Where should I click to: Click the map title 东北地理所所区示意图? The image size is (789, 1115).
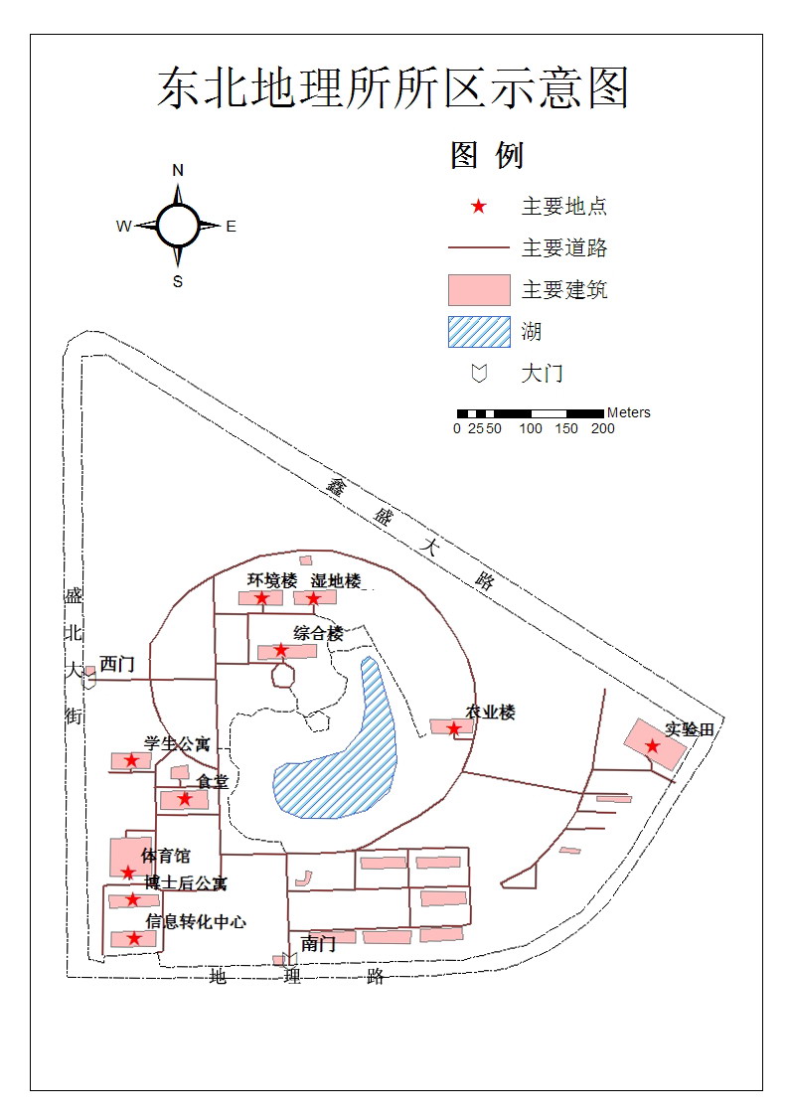click(x=394, y=89)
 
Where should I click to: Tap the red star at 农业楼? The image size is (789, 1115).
click(x=454, y=728)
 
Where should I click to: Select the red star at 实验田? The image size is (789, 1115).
click(x=652, y=746)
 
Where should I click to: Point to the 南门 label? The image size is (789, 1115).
click(x=318, y=944)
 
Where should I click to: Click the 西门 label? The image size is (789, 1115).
click(x=116, y=664)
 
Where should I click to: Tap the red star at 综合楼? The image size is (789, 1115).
click(x=280, y=650)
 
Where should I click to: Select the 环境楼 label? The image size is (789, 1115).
click(x=272, y=580)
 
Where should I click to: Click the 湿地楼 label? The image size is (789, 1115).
click(x=336, y=580)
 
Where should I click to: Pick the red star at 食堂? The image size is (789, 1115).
click(x=184, y=798)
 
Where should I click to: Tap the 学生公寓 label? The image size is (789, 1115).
click(x=177, y=743)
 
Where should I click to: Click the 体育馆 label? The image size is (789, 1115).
click(x=165, y=856)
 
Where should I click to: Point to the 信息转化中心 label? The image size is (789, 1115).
click(x=196, y=921)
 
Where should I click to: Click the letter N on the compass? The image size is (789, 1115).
click(x=178, y=170)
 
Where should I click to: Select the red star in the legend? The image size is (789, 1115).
click(x=478, y=207)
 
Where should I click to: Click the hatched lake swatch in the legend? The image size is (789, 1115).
click(x=478, y=332)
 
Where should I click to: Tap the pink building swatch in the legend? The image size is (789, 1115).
click(x=478, y=290)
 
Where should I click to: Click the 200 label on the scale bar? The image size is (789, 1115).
click(x=602, y=429)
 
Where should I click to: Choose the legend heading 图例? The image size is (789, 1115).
click(x=487, y=155)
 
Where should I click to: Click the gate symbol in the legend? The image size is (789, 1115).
click(x=478, y=374)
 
